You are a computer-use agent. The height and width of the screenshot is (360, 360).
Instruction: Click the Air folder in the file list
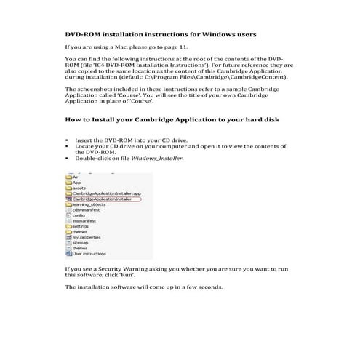coord(75,176)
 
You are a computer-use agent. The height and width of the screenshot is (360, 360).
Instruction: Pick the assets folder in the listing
coord(79,188)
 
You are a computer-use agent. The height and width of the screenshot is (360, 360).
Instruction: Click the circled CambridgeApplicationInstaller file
coord(101,199)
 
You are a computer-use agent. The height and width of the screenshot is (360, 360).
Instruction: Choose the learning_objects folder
coord(89,204)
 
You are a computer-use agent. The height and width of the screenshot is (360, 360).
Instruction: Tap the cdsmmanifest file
coord(87,210)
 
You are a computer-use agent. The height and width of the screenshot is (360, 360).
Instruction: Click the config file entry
coord(79,215)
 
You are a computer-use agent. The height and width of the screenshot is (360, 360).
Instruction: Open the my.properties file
coord(86,237)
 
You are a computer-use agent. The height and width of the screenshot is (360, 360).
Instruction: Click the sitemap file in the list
coord(79,243)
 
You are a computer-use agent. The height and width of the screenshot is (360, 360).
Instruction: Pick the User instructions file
coord(88,254)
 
